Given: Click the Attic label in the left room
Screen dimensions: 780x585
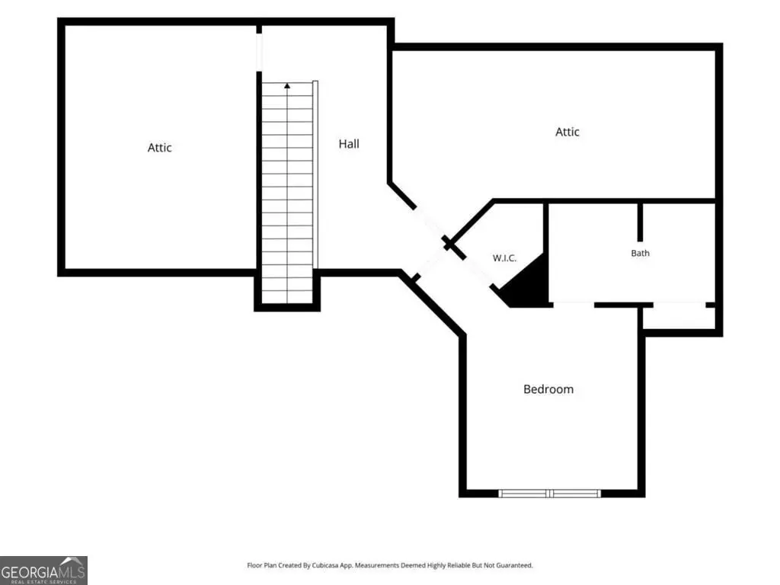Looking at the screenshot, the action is coord(160,148).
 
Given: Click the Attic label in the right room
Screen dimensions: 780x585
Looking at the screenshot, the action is coord(567,132).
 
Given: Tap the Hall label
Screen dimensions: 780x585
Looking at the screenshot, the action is coord(349,144).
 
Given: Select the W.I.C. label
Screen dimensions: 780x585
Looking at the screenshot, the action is coord(504,258).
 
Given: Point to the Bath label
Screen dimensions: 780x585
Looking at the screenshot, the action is coord(640,253).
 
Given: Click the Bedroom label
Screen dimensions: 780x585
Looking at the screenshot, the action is coord(548,389).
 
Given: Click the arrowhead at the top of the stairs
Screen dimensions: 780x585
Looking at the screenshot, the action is coord(287,85).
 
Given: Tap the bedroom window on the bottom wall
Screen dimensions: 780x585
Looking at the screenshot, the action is coord(550,494).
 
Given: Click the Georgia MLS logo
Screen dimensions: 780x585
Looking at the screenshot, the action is coord(43,570).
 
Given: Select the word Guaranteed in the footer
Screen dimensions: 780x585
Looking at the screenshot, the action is coord(516,566).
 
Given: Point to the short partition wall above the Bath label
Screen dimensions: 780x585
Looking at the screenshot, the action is coord(640,222).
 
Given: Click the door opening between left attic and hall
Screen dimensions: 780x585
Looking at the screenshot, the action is coord(259,53).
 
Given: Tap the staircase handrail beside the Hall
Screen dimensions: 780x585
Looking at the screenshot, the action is coord(315,174).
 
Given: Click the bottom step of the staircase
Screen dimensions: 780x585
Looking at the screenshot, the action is coord(287,298).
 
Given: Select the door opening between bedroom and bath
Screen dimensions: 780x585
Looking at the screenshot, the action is coord(574,305).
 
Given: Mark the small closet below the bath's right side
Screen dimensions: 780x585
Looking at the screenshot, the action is coord(679,318).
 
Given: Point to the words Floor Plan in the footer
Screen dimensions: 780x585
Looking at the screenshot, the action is coord(262,566).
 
